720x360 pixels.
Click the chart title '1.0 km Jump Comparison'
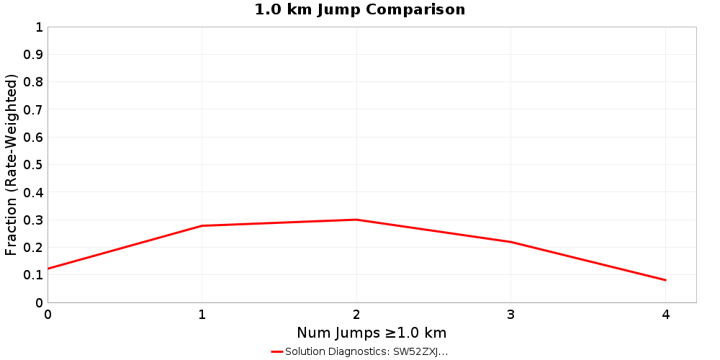coord(360,9)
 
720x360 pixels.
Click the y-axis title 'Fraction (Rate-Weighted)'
coord(12,164)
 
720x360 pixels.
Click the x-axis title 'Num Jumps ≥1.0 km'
coord(372,333)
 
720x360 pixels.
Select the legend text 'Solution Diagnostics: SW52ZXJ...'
coord(366,351)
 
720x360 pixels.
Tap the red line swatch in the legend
coord(277,351)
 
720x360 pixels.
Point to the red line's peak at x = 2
coord(356,220)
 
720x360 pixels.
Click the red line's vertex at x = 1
coord(202,226)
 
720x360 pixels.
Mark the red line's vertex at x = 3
coord(511,242)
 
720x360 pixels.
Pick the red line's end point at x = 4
coord(665,280)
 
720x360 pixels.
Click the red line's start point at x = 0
coord(48,269)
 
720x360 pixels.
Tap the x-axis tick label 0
coord(48,314)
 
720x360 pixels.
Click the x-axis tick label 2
coord(356,314)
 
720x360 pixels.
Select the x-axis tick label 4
coord(665,314)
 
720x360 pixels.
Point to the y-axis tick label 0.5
coord(34,165)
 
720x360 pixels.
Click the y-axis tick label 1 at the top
coord(39,27)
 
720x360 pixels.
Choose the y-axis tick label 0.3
coord(34,220)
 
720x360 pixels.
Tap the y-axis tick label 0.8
coord(34,82)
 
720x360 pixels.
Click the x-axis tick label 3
coord(511,314)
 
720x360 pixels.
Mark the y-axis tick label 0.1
coord(34,275)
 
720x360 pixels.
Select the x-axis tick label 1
coord(202,314)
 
